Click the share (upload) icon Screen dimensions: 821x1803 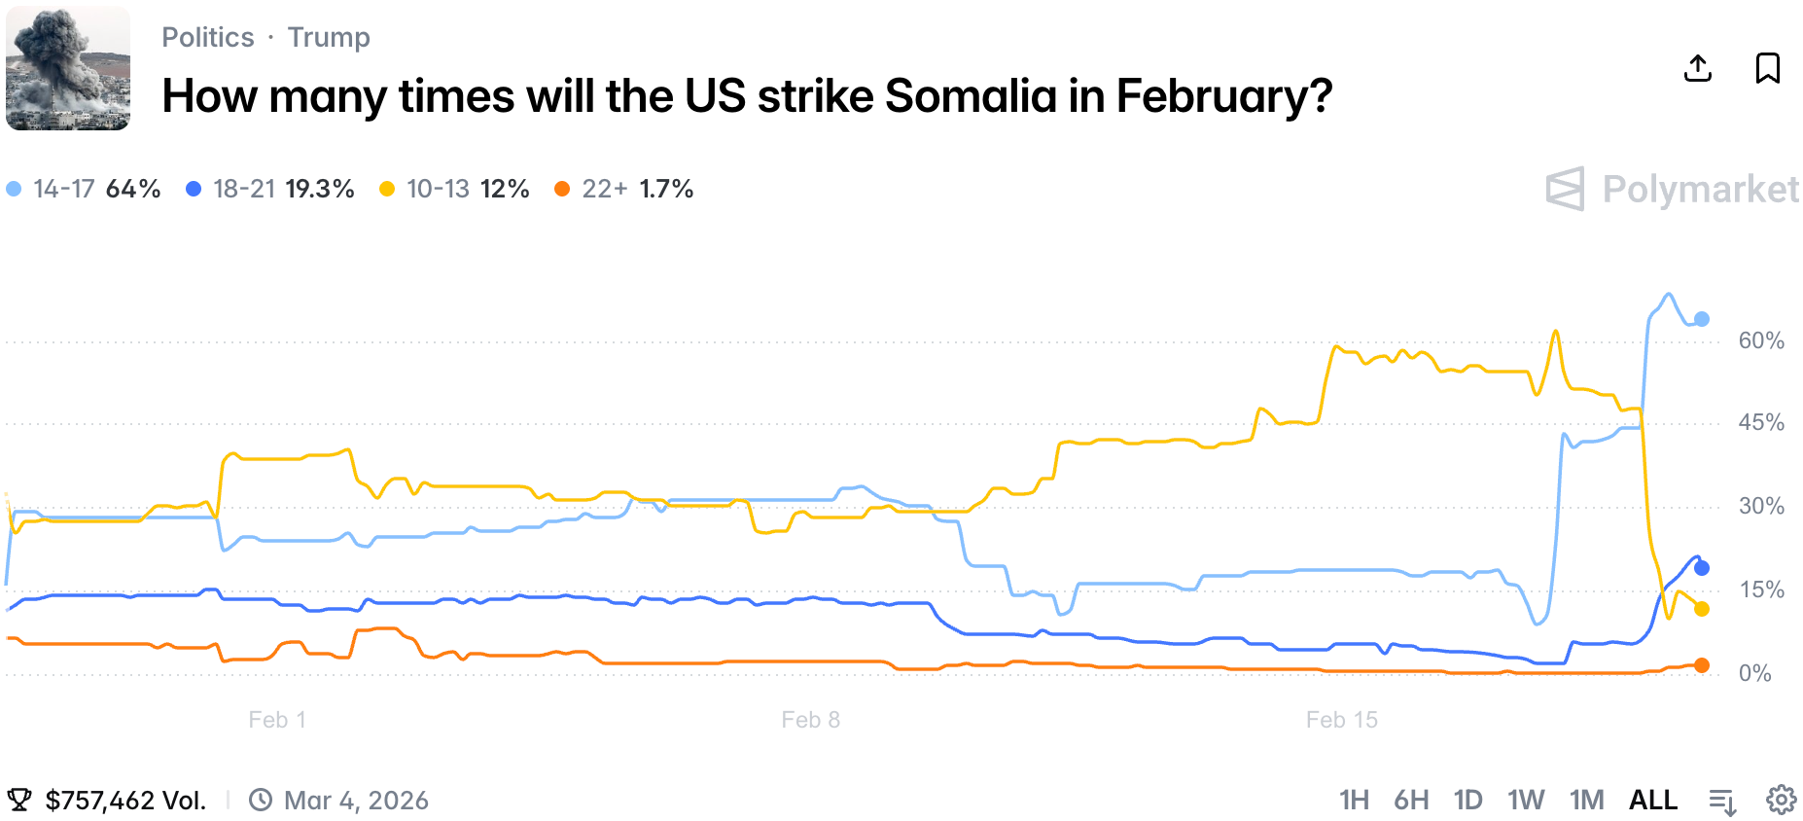tap(1697, 68)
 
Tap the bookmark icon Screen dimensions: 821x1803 tap(1767, 68)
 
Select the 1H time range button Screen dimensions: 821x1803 tap(1354, 800)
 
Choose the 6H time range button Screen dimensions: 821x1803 tap(1411, 800)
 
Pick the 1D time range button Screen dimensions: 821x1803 tap(1467, 800)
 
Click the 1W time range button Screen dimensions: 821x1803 tap(1526, 800)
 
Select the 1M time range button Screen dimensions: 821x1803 tap(1586, 800)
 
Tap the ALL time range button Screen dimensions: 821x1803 tap(1652, 800)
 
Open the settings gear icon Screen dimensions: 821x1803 tap(1781, 800)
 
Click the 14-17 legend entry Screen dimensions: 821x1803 tap(84, 189)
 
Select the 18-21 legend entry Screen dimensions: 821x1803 tap(270, 189)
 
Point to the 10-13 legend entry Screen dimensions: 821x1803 tap(454, 189)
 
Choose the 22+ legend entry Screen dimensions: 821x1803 tap(623, 189)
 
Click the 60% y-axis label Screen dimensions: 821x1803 tap(1761, 340)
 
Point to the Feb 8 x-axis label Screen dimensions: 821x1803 tap(810, 720)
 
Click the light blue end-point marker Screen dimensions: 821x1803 tap(1701, 319)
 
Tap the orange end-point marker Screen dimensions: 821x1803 tap(1701, 665)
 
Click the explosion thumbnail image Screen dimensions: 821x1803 tap(68, 68)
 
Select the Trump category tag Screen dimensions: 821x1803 tap(329, 37)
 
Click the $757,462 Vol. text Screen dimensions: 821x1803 tap(125, 800)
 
